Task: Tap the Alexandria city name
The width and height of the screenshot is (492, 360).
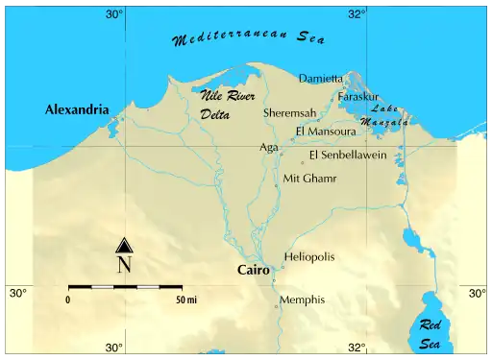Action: (77, 110)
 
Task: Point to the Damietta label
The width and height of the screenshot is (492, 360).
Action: (321, 78)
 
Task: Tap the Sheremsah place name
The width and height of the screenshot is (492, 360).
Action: (289, 112)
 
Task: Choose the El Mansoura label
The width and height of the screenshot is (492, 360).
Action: (326, 132)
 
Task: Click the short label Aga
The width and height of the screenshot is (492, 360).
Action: (268, 148)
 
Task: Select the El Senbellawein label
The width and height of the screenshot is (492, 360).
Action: (348, 155)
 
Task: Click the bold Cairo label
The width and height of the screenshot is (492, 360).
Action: (254, 271)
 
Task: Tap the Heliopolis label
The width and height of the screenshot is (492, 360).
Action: (309, 257)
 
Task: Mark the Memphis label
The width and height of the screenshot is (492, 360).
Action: (302, 300)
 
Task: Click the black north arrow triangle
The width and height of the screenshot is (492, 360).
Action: (124, 246)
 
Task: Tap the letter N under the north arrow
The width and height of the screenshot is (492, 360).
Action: (124, 265)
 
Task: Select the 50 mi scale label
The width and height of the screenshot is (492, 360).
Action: (185, 300)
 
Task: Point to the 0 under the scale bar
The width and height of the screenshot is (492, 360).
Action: (68, 300)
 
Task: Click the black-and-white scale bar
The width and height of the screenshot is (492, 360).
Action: (125, 287)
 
